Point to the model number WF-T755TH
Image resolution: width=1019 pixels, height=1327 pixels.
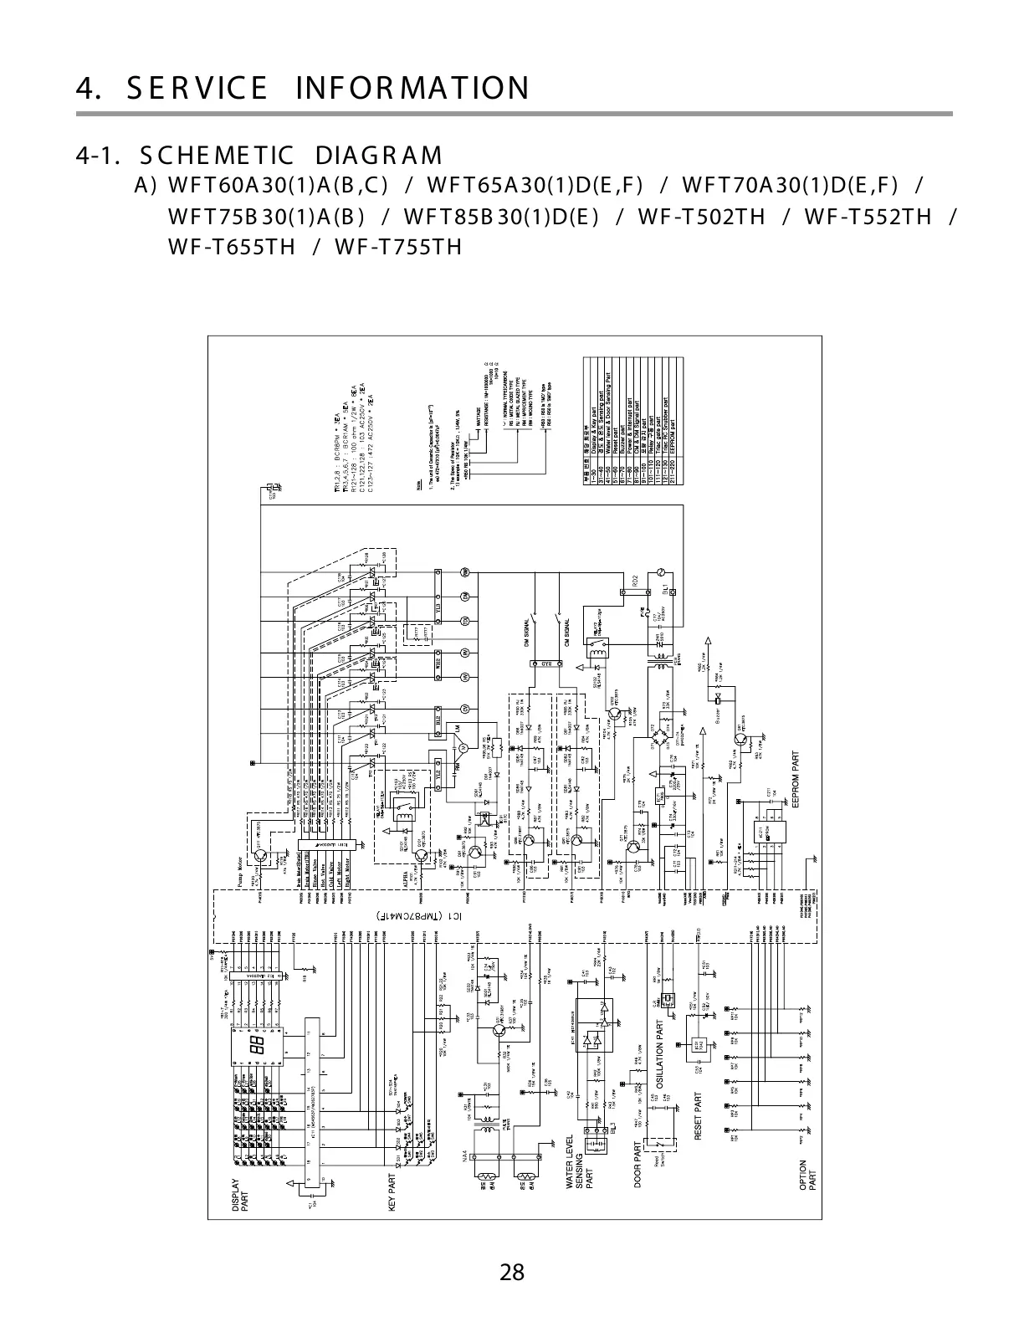tap(398, 247)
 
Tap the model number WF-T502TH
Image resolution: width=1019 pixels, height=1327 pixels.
tap(701, 217)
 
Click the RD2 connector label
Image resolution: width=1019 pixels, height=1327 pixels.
tap(635, 579)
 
